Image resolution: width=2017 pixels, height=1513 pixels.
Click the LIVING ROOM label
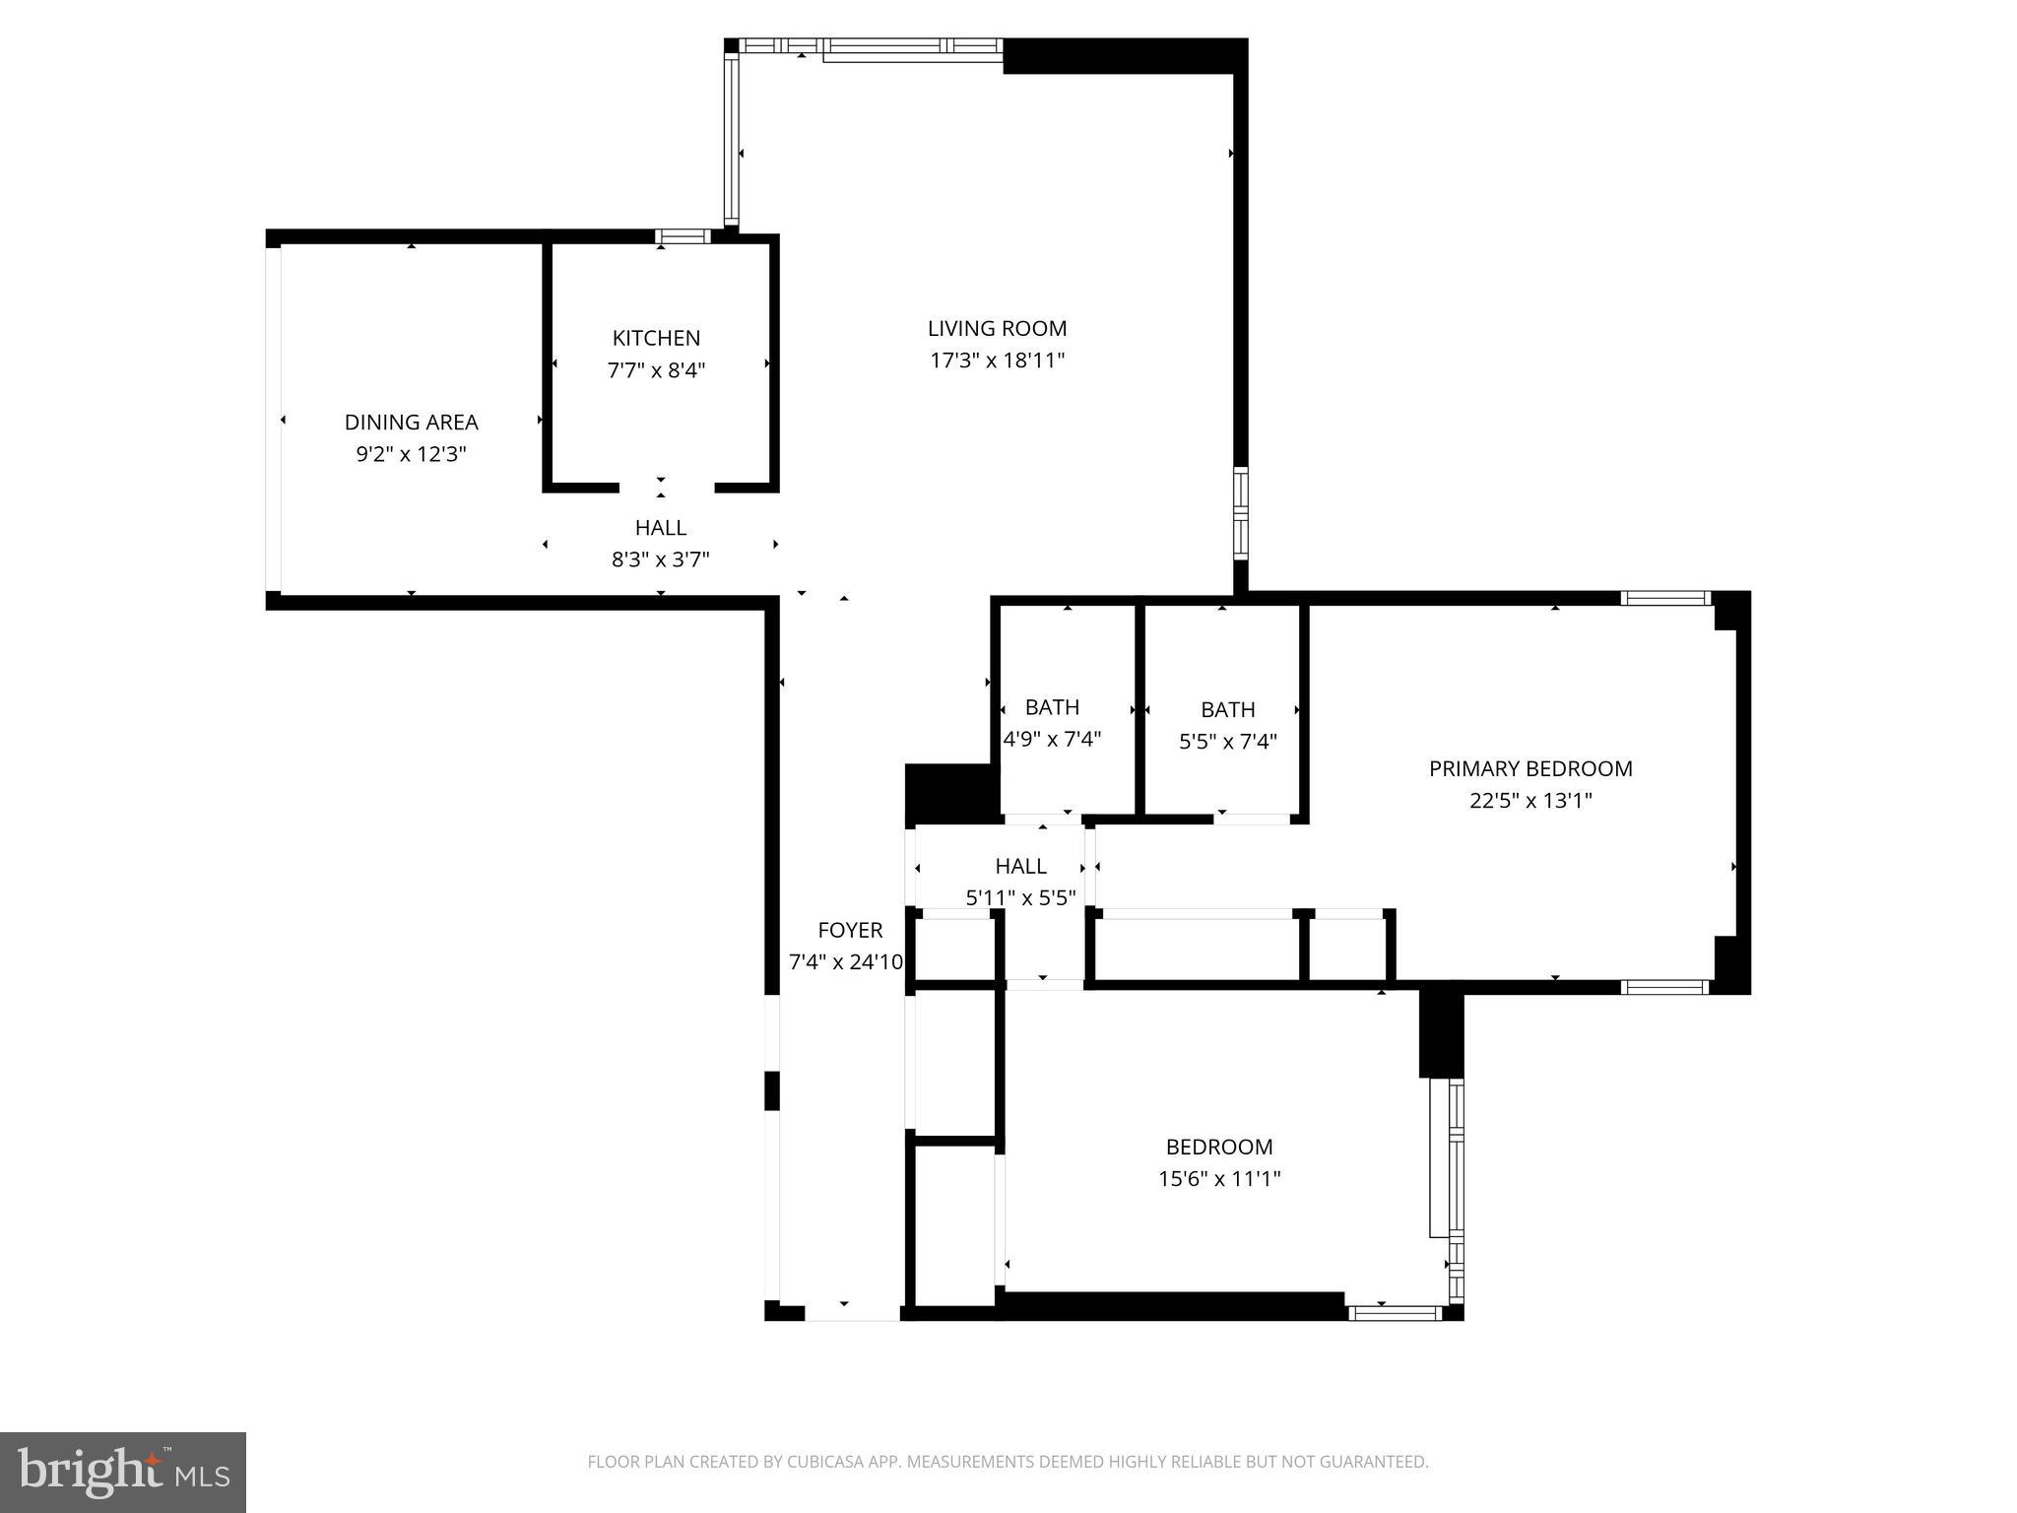(x=997, y=329)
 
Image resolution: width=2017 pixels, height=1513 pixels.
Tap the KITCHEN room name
(x=656, y=338)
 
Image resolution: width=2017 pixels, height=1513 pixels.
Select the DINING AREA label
(x=411, y=423)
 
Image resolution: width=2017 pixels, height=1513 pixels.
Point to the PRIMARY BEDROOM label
(x=1530, y=768)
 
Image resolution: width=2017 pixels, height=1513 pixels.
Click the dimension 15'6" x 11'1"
(x=1219, y=1178)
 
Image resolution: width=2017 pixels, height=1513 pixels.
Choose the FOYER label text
(x=850, y=930)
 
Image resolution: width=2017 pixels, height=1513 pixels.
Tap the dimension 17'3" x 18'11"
(x=997, y=361)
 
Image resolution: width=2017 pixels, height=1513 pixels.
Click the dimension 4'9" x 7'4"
(x=1052, y=739)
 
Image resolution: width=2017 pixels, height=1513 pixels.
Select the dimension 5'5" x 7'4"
(x=1227, y=741)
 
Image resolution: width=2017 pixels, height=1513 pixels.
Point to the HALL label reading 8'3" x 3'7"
(x=660, y=528)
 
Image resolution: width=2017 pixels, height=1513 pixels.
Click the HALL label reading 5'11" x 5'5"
(x=1020, y=866)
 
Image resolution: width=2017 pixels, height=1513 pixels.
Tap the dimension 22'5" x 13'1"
(x=1530, y=801)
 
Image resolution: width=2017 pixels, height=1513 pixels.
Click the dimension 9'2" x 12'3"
(x=411, y=454)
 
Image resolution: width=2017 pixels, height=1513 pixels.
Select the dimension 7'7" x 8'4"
(x=656, y=370)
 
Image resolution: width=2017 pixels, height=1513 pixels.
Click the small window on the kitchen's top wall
(x=683, y=236)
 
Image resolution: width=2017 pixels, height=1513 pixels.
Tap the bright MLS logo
(x=123, y=1472)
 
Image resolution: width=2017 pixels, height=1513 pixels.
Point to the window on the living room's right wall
(x=1241, y=514)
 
